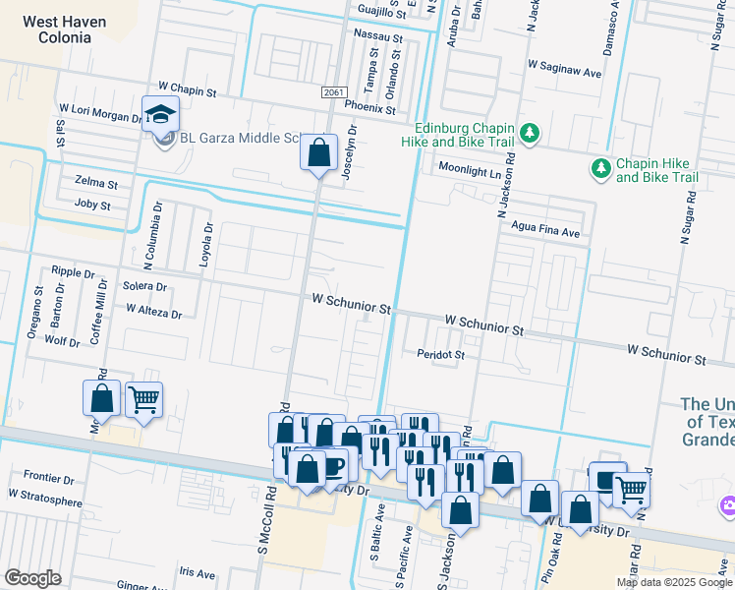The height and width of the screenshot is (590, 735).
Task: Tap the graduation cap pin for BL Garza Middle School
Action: coord(160,115)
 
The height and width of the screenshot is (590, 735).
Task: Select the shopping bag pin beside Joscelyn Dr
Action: coord(318,153)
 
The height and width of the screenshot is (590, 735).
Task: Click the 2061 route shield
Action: coord(333,91)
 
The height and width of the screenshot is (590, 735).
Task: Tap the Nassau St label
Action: coord(378,36)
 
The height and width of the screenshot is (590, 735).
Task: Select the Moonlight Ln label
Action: coord(469,168)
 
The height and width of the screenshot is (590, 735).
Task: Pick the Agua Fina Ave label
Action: coord(545,233)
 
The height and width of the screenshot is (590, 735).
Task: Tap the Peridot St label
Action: coord(440,353)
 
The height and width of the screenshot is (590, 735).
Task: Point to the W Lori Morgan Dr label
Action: coord(100,115)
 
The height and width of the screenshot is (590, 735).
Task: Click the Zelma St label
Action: coord(95,184)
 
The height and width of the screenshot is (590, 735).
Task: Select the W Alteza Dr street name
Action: coord(154,312)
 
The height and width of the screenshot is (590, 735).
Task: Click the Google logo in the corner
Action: coord(32,578)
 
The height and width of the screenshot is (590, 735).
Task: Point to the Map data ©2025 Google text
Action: coord(673,582)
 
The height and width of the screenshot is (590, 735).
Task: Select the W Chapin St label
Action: coord(181,90)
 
